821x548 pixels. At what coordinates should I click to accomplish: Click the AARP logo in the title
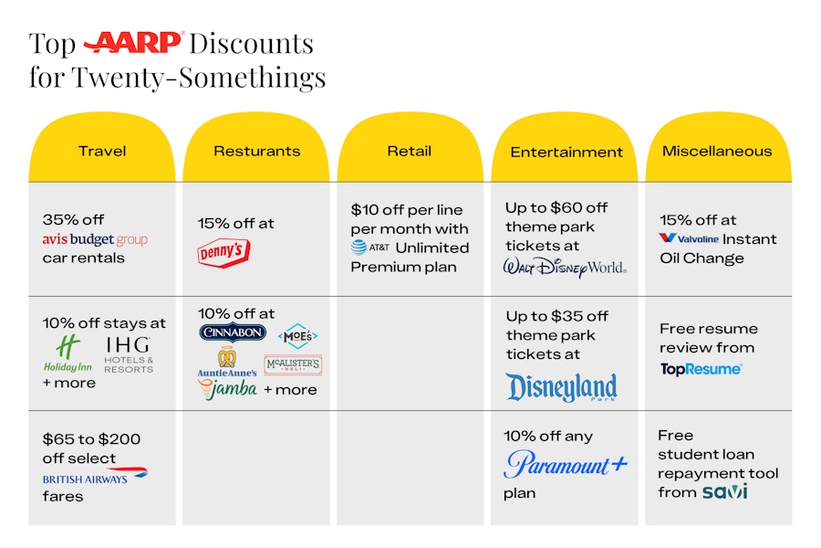coord(133,42)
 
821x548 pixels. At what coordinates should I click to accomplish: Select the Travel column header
coord(101,152)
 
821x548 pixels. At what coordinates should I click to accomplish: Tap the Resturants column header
coord(256,152)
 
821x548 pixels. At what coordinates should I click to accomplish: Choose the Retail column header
coord(410,152)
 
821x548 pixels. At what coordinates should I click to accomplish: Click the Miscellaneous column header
coord(717,152)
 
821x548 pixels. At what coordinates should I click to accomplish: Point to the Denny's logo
coord(223,252)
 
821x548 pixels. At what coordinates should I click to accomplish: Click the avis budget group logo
coord(95,240)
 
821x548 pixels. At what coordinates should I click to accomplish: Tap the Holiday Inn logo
coord(68,353)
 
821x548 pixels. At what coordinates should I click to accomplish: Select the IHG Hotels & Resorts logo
coord(128,353)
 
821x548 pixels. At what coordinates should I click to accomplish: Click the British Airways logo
coord(95,476)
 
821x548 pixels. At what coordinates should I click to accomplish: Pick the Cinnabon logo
coord(233,332)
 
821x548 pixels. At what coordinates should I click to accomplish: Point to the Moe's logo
coord(297,336)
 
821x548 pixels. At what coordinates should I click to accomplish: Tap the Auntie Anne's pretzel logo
coord(226,363)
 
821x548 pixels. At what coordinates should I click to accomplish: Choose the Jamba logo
coord(227,389)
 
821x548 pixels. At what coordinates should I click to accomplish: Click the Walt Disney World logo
coord(565,267)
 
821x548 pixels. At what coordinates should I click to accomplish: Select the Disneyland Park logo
coord(561,388)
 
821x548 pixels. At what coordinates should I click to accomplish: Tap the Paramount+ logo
coord(566,464)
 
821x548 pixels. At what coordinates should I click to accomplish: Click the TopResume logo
coord(701,369)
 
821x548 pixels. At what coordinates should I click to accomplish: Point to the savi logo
coord(725,491)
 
